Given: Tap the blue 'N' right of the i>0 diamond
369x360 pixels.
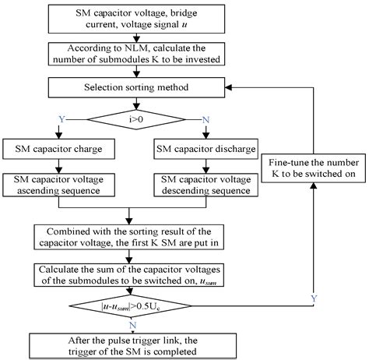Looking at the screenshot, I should point(204,118).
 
